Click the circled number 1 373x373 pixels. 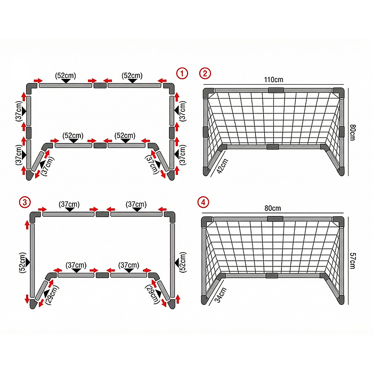point(182,74)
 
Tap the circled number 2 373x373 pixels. point(205,74)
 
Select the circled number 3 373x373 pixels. point(25,202)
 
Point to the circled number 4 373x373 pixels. point(204,202)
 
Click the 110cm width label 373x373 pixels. point(273,79)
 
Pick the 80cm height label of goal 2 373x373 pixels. point(352,132)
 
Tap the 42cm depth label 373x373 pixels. point(222,166)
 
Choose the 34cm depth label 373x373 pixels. point(221,295)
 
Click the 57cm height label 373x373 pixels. point(352,261)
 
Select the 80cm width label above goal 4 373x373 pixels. point(273,208)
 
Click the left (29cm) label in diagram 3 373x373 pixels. point(52,295)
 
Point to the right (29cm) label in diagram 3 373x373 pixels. point(152,294)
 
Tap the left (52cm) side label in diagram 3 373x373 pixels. point(22,262)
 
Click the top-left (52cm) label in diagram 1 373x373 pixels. point(66,76)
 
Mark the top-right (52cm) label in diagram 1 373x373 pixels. point(132,76)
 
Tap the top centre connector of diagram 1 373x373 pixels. point(100,85)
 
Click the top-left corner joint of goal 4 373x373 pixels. point(206,221)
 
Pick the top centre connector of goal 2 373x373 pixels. point(276,90)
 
